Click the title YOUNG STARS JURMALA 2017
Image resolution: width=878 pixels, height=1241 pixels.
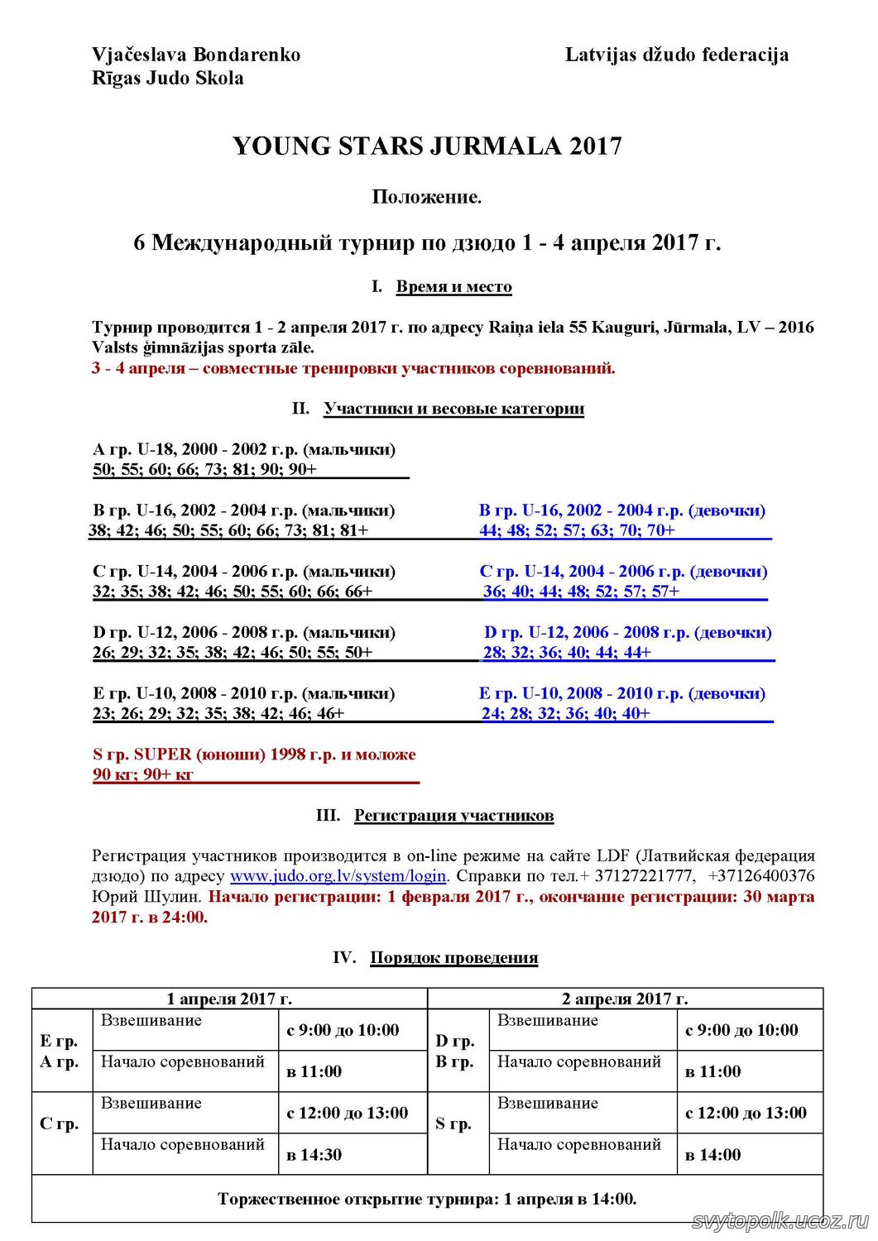[427, 146]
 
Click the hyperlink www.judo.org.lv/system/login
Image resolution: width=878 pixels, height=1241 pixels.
[338, 876]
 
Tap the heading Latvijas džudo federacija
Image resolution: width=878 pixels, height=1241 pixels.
[676, 55]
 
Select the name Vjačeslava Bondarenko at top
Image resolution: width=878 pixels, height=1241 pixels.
[196, 55]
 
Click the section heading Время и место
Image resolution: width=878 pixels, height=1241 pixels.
[453, 287]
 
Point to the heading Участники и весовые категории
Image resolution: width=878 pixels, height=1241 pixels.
[453, 409]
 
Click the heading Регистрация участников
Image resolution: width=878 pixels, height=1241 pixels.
[453, 816]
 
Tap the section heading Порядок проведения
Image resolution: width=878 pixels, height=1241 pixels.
[453, 958]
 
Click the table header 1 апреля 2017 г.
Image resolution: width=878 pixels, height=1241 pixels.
[229, 999]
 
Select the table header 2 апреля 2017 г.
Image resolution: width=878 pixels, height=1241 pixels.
[625, 999]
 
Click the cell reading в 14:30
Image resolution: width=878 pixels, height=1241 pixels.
[314, 1155]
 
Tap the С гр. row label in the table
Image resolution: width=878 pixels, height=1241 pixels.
[60, 1124]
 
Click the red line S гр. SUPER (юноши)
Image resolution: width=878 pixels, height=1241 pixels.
[254, 755]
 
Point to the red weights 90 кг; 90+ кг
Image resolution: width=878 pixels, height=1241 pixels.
[143, 775]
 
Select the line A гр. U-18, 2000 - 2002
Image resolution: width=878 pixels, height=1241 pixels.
[244, 449]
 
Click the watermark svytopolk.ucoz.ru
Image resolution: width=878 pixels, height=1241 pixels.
[780, 1222]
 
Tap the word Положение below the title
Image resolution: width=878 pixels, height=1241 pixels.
[426, 197]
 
